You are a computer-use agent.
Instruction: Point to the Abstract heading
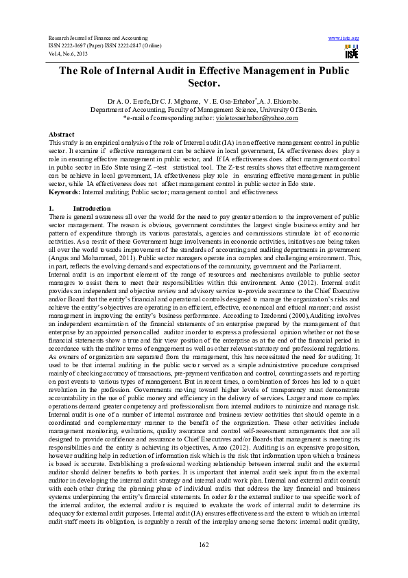click(x=62, y=134)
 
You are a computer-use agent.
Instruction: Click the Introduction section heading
click(x=91, y=207)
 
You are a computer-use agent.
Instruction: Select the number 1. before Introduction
click(x=51, y=207)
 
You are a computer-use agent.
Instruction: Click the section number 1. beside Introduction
click(x=51, y=207)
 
